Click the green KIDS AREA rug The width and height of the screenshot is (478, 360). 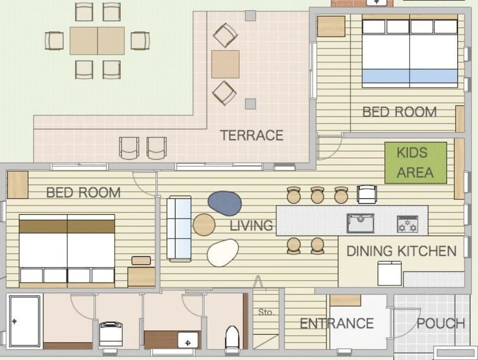coord(415,163)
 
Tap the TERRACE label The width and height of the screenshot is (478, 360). coord(251,135)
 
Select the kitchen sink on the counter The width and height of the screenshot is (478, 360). coord(360,223)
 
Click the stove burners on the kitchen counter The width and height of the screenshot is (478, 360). coord(407,224)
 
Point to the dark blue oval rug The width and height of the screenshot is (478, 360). coord(225,203)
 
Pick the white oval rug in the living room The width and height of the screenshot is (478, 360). coord(223,253)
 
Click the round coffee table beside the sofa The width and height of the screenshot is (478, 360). coord(204,225)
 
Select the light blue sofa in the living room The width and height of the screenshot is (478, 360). coord(179,229)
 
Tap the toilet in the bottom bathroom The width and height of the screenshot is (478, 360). coord(232,338)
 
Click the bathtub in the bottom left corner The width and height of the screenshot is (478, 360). coord(25,321)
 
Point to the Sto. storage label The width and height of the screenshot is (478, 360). coord(266,312)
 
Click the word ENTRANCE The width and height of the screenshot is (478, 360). coord(336,324)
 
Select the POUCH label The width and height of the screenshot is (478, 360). coord(441,324)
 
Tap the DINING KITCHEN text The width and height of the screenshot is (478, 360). coord(401,251)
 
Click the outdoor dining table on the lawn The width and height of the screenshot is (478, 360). coord(97,41)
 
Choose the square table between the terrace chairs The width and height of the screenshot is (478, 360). coord(225,64)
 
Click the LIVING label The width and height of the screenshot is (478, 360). coord(251,225)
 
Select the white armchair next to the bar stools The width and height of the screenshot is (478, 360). coord(367,194)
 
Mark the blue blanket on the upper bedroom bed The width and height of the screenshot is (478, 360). coord(410,76)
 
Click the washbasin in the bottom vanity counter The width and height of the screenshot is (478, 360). coord(188,340)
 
